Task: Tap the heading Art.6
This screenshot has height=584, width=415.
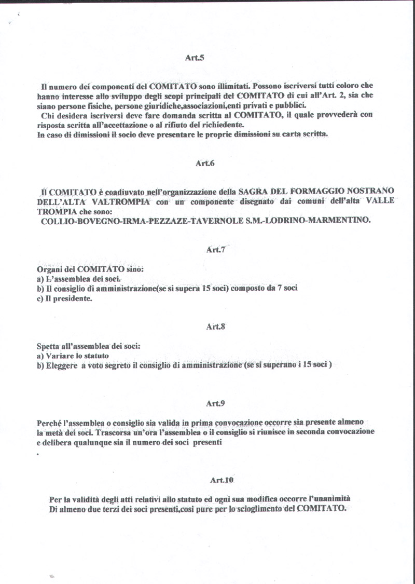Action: click(205, 163)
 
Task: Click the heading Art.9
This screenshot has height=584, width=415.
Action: click(215, 403)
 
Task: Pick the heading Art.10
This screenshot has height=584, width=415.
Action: click(222, 480)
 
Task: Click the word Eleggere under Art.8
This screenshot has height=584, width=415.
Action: click(61, 365)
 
